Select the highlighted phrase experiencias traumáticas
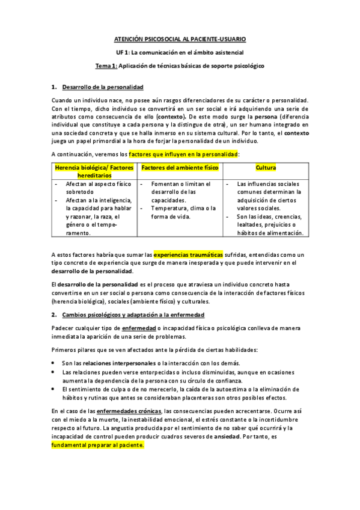188,254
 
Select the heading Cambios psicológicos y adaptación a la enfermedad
132,315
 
